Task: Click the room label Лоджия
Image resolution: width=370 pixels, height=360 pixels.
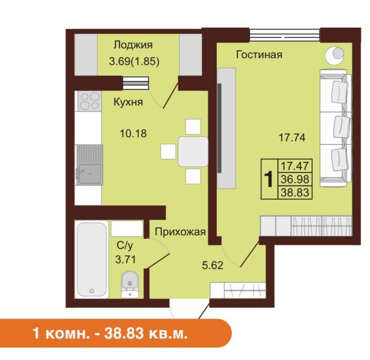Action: tap(133, 45)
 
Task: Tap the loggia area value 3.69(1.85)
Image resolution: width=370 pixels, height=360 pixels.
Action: tap(135, 62)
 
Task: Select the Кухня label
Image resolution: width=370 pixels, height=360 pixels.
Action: tap(128, 103)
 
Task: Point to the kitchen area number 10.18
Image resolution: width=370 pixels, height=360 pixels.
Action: tap(133, 134)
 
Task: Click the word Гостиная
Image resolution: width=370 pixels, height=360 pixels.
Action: tap(259, 55)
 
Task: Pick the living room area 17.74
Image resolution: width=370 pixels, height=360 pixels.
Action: tap(292, 137)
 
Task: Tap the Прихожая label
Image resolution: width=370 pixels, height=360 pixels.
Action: tap(180, 232)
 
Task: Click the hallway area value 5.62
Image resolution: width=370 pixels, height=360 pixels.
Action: tap(213, 265)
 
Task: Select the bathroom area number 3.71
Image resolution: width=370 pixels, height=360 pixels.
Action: tap(126, 260)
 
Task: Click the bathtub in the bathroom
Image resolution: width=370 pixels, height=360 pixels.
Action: tap(92, 259)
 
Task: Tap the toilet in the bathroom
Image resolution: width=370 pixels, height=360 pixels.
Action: tap(130, 284)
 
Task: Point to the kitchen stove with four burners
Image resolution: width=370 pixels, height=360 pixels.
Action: tap(88, 101)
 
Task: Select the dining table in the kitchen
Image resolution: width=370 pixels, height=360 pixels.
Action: tap(193, 152)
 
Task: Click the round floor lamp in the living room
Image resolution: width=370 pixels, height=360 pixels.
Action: tap(335, 55)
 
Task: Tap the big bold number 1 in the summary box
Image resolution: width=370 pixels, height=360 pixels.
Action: tap(268, 179)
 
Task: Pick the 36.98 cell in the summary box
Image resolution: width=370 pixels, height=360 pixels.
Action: tap(295, 179)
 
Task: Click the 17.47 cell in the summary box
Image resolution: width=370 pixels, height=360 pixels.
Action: tap(295, 166)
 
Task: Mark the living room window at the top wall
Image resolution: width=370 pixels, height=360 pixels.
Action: tap(285, 35)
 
